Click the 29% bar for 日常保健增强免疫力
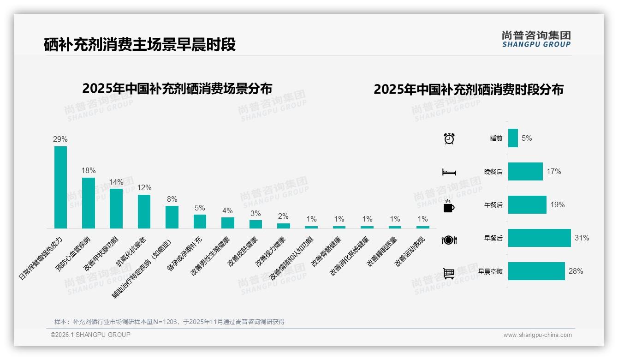click(60, 187)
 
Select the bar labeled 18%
click(89, 203)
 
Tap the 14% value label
click(116, 182)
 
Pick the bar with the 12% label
click(144, 211)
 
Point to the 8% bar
click(172, 217)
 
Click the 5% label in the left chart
click(200, 208)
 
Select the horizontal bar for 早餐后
click(539, 238)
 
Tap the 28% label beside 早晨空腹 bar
click(576, 271)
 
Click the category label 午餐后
click(493, 205)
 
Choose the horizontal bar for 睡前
click(513, 138)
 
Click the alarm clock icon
click(449, 138)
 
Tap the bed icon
click(449, 172)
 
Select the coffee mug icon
click(449, 206)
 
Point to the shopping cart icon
click(449, 274)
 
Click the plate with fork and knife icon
click(449, 240)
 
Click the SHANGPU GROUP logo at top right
click(536, 39)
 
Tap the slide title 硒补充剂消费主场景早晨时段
click(140, 45)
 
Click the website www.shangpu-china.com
click(537, 335)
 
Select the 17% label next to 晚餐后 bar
click(553, 172)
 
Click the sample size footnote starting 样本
click(169, 322)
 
